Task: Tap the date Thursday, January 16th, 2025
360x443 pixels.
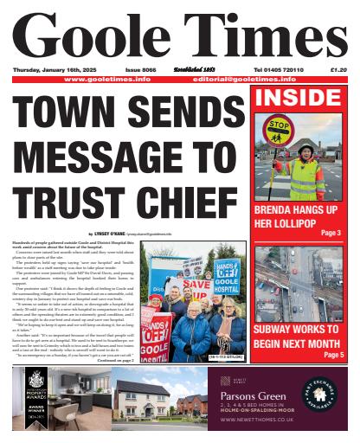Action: click(52, 69)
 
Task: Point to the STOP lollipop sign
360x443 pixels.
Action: click(280, 126)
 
